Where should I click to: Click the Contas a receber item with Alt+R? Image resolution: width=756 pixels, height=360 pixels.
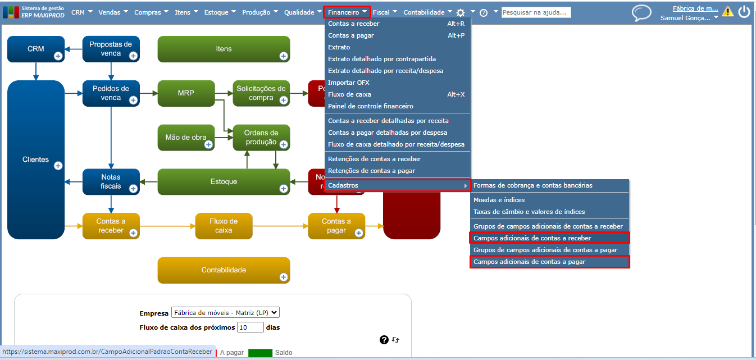[x=354, y=24]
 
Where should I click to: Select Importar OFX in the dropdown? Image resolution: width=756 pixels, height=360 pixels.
[x=349, y=83]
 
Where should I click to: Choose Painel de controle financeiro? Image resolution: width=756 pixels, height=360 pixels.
[x=371, y=106]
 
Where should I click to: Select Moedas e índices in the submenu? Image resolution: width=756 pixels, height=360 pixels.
[x=499, y=200]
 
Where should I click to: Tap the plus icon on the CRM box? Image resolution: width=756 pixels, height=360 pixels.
[x=58, y=56]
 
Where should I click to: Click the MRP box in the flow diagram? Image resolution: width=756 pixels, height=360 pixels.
[x=186, y=93]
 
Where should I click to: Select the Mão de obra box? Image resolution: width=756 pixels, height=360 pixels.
[x=186, y=137]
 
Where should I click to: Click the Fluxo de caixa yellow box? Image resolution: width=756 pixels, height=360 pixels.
[x=224, y=226]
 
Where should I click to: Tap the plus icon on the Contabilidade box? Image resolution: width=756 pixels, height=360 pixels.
[x=284, y=277]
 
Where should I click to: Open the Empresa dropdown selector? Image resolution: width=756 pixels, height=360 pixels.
[x=225, y=313]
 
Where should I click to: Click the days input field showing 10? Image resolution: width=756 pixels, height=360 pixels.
[x=250, y=327]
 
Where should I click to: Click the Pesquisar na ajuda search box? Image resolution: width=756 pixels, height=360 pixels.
[x=536, y=12]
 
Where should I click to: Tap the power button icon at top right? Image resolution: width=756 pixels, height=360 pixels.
[x=744, y=12]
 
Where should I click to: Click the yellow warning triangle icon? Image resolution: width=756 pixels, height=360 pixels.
[x=728, y=11]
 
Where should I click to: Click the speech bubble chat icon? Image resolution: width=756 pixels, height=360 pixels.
[x=641, y=12]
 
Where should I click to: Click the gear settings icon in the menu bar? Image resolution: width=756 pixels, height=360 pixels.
[x=461, y=12]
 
